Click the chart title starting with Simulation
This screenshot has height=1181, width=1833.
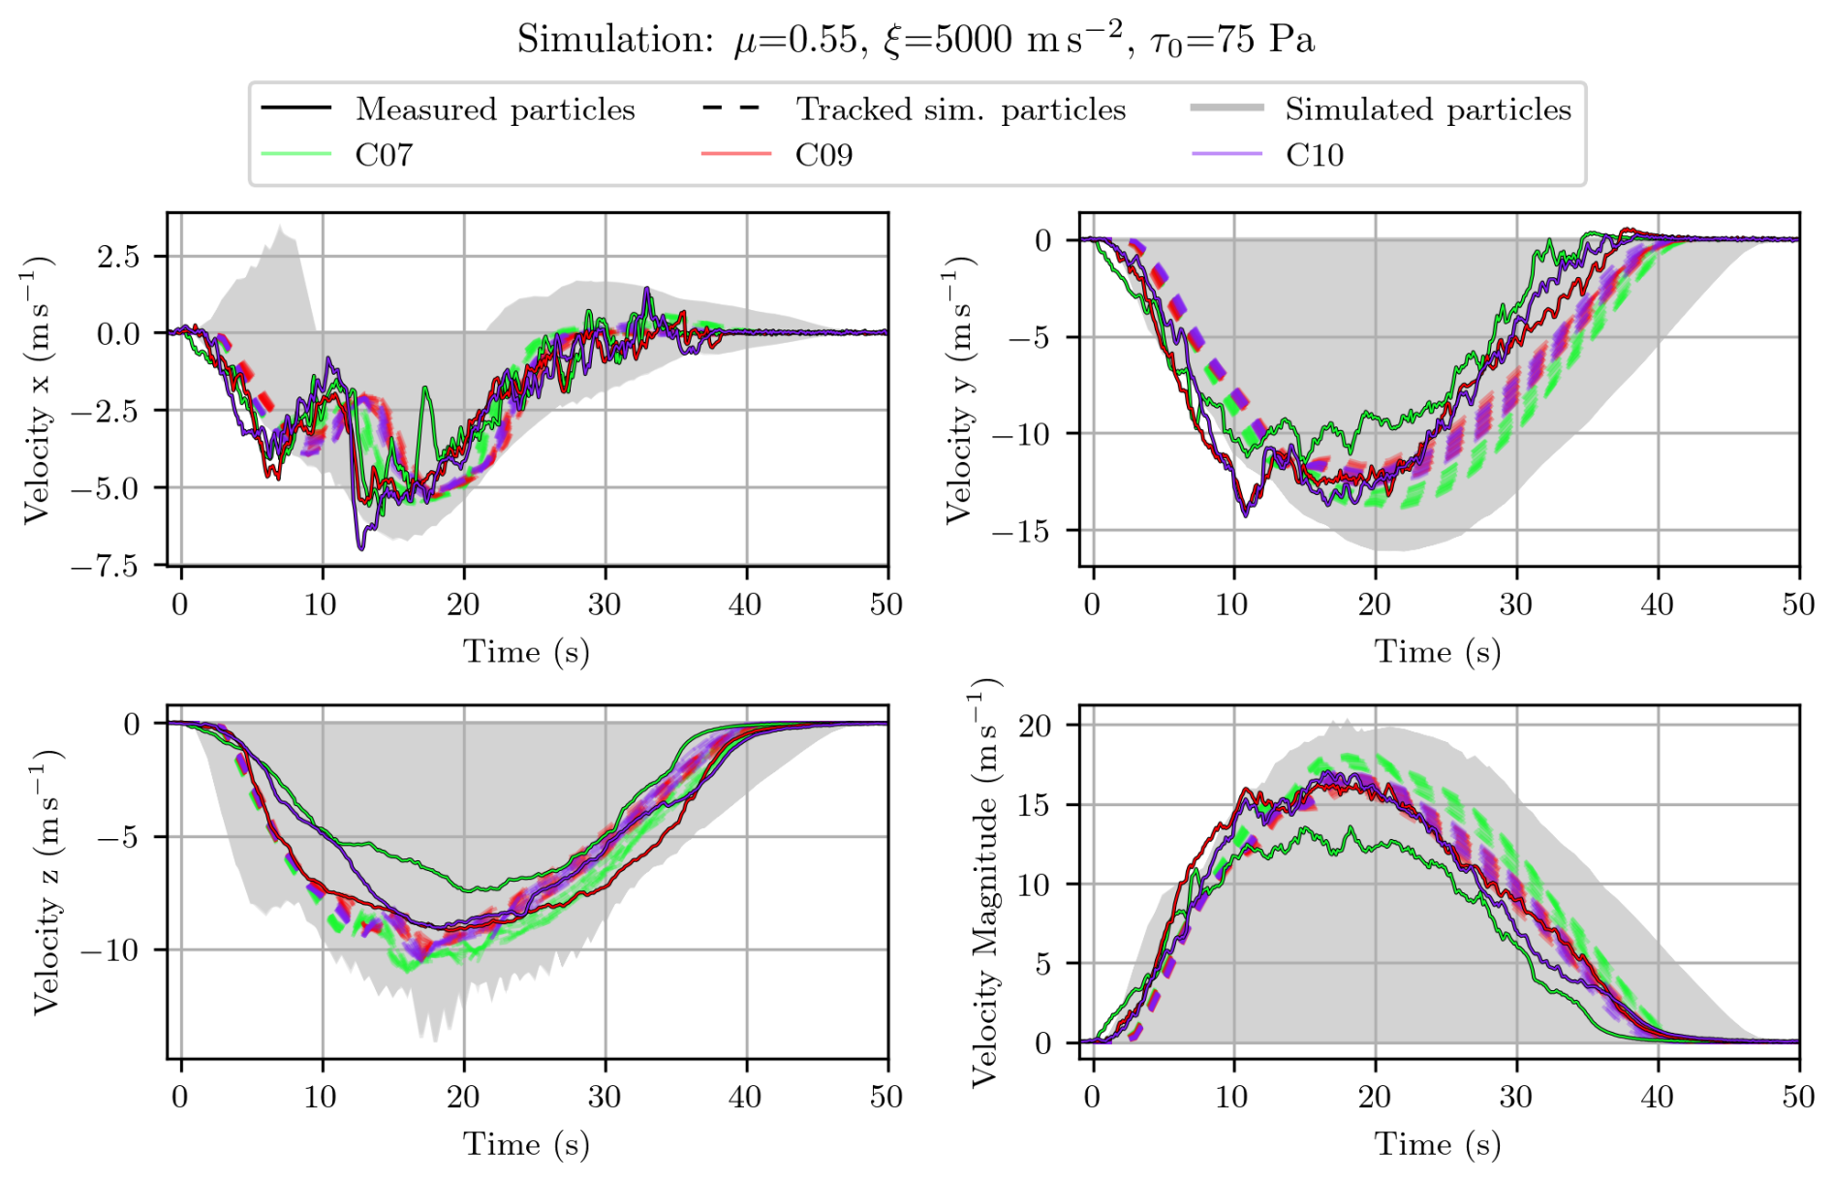pos(916,40)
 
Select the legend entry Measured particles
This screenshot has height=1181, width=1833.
pos(495,109)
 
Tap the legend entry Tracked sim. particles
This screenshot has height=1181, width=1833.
pos(960,109)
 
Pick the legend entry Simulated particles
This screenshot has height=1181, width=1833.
pos(1427,109)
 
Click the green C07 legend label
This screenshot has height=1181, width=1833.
pos(384,155)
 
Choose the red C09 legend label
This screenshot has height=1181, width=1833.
pos(823,155)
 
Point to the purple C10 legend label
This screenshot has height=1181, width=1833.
pos(1315,155)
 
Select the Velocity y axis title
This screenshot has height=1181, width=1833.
pos(958,389)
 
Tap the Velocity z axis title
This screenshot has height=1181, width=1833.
pos(47,882)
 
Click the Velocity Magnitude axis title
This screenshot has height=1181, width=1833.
pos(984,882)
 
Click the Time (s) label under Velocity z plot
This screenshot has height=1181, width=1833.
pos(526,1144)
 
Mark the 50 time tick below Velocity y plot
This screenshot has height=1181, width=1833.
pos(1798,605)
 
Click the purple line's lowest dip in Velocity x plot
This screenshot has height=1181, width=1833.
pos(361,549)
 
